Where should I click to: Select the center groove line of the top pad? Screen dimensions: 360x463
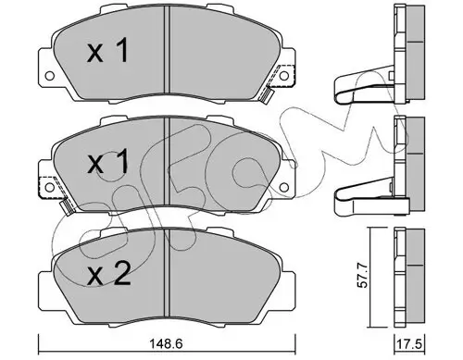click(165, 56)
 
